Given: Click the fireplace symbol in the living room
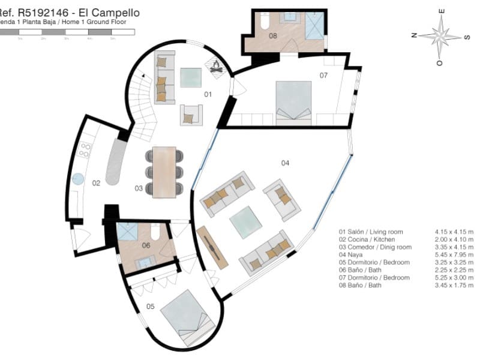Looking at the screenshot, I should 215,67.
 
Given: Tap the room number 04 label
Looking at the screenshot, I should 285,163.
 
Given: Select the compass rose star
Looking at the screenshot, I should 440,36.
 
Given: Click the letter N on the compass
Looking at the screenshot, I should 414,35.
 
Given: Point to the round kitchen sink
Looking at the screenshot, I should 78,179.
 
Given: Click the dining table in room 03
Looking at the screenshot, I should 164,172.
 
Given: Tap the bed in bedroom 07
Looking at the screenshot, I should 293,100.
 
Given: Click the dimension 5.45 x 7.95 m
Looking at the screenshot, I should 454,254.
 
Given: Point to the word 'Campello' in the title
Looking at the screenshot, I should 119,12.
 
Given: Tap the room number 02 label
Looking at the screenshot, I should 95,182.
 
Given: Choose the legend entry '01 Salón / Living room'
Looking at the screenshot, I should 371,232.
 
